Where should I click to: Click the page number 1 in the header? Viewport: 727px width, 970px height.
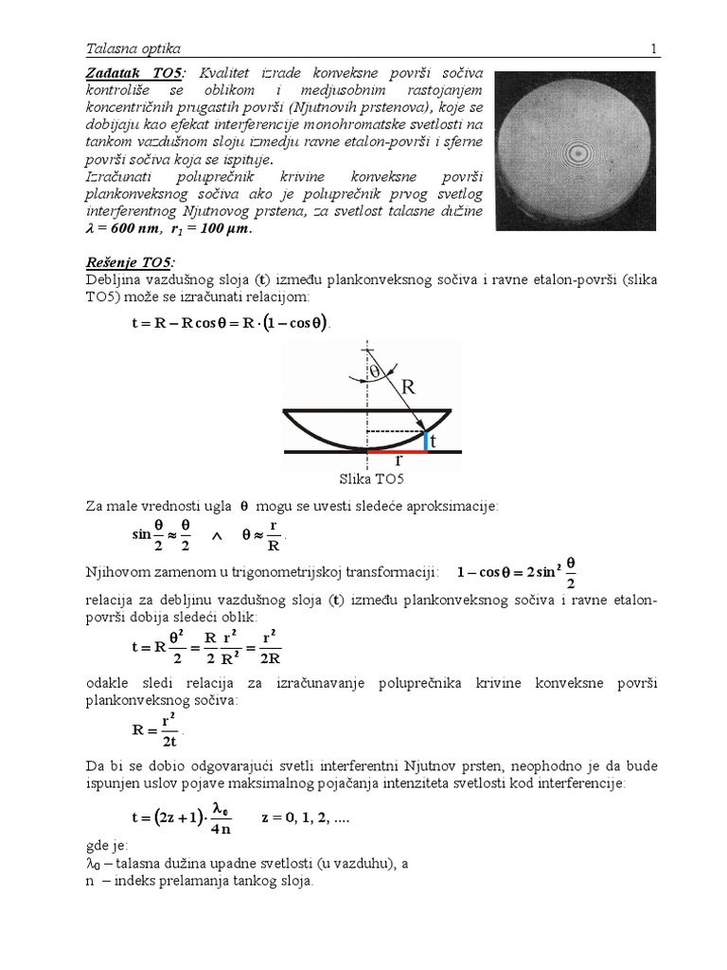pos(652,47)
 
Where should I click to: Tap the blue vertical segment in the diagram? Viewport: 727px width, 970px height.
pos(426,440)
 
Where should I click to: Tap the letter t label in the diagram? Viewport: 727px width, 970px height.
pos(434,441)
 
